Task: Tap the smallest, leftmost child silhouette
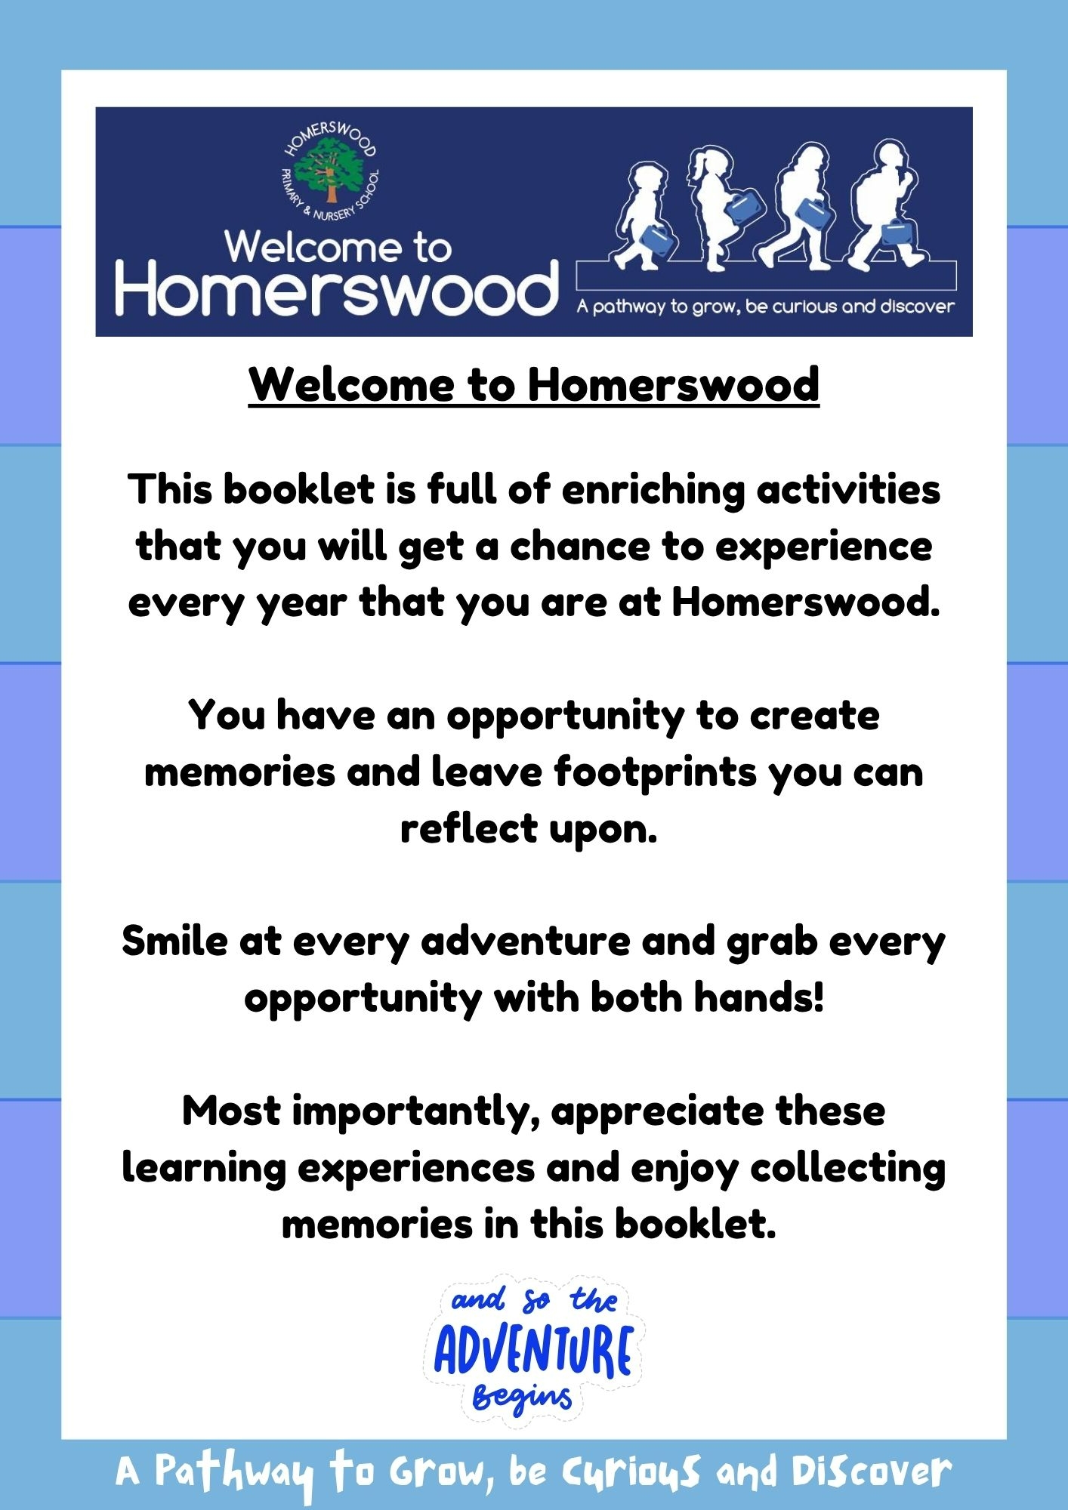click(642, 216)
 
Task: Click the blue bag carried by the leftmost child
click(656, 241)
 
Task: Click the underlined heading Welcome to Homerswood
click(534, 384)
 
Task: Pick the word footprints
click(656, 772)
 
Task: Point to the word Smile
click(174, 941)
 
